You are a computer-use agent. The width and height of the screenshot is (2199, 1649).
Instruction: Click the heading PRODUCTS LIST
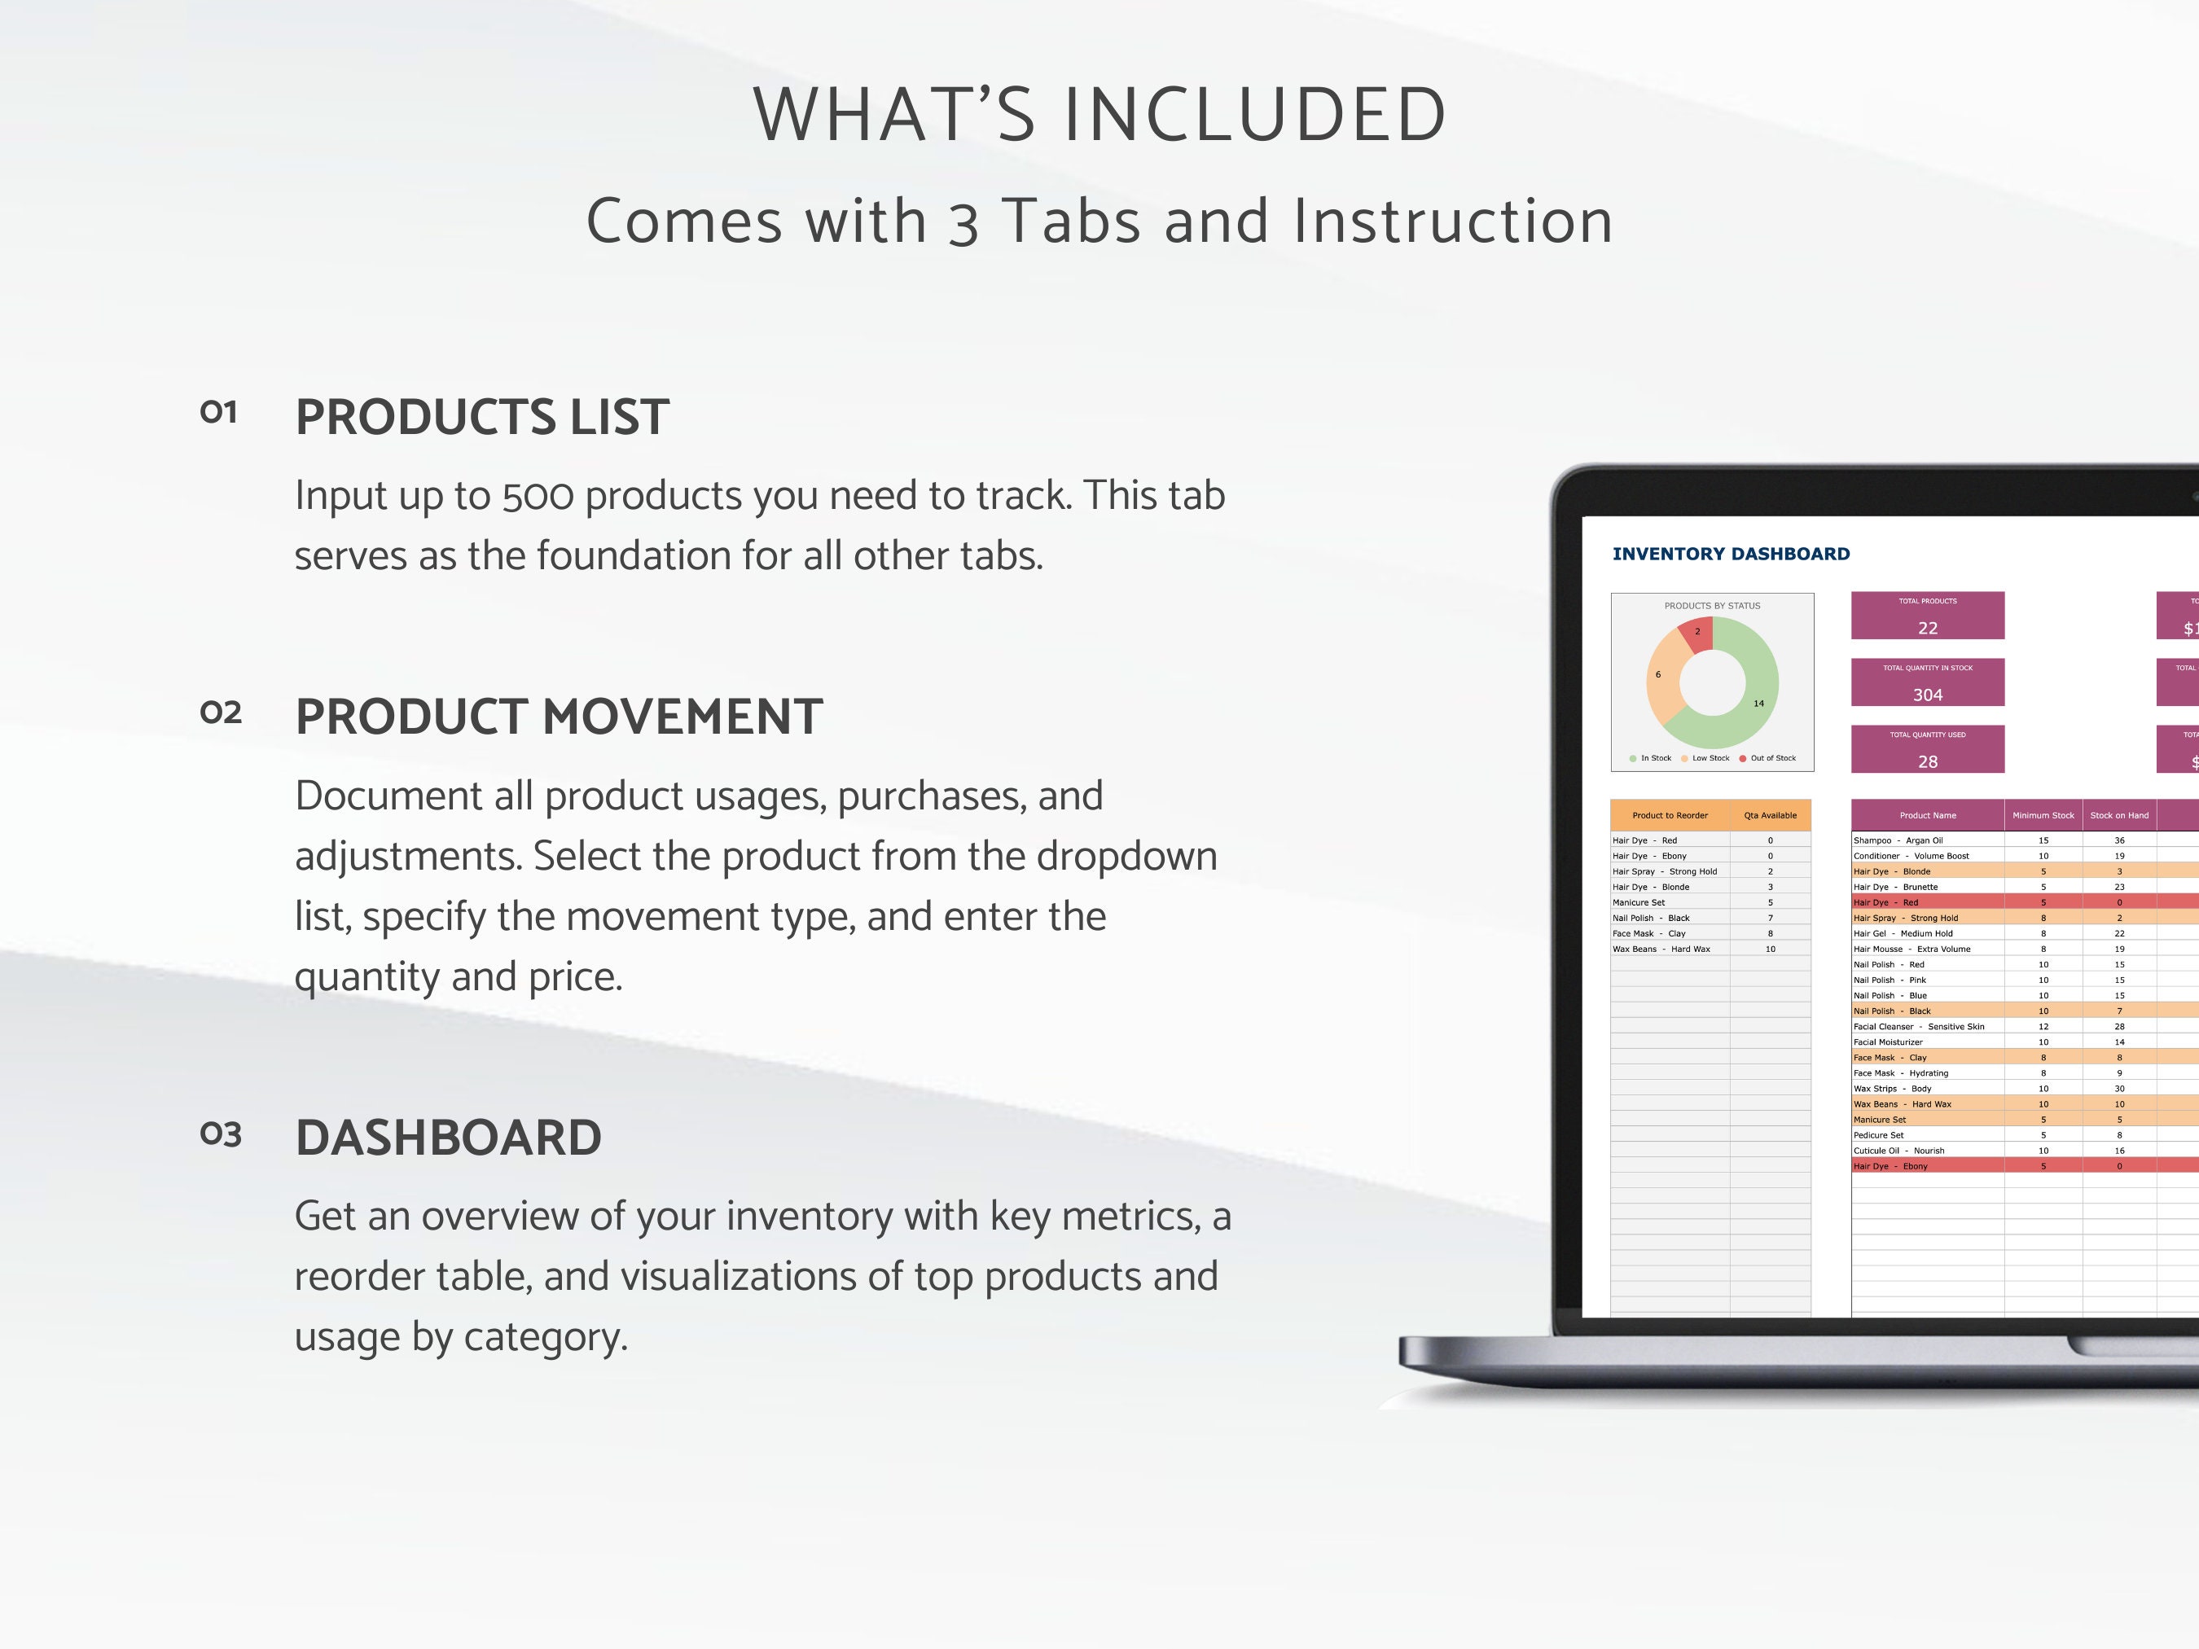click(x=482, y=416)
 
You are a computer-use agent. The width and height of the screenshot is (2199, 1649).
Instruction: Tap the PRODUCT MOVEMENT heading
click(x=559, y=717)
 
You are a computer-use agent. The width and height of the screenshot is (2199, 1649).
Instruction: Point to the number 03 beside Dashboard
click(x=221, y=1134)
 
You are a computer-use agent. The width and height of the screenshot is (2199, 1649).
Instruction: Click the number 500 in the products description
click(x=538, y=496)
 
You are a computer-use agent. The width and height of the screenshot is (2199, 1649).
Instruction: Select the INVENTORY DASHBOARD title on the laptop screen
click(x=1731, y=554)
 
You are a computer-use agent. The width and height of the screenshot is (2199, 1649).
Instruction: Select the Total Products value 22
click(x=1928, y=628)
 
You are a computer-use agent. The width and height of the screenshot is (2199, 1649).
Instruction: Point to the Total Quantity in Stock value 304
click(x=1928, y=695)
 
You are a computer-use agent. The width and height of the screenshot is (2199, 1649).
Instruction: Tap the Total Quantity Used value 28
click(x=1928, y=761)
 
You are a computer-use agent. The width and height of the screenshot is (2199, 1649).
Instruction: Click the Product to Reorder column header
click(x=1670, y=815)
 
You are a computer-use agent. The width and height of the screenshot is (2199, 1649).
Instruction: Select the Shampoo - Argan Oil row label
click(x=1898, y=840)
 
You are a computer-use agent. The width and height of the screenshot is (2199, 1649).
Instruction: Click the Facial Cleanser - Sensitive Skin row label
click(x=1919, y=1026)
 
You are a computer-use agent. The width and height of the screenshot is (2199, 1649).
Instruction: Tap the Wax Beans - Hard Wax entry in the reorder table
click(x=1661, y=949)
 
